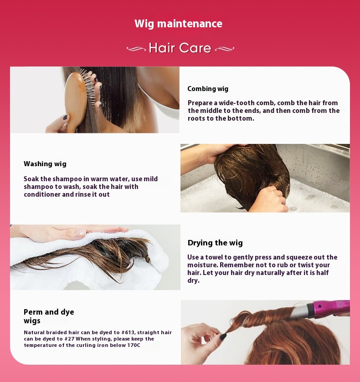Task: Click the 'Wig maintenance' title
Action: pyautogui.click(x=178, y=24)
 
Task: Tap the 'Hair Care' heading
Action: pyautogui.click(x=180, y=48)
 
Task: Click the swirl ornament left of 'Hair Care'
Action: pyautogui.click(x=136, y=48)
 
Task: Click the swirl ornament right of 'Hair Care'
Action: pyautogui.click(x=224, y=48)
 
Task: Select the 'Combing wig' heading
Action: pyautogui.click(x=208, y=89)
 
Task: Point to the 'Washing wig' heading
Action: pyautogui.click(x=45, y=164)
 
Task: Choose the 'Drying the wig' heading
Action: pyautogui.click(x=215, y=243)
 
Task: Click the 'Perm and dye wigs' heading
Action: pyautogui.click(x=48, y=316)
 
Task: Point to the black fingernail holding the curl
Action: pyautogui.click(x=223, y=336)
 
